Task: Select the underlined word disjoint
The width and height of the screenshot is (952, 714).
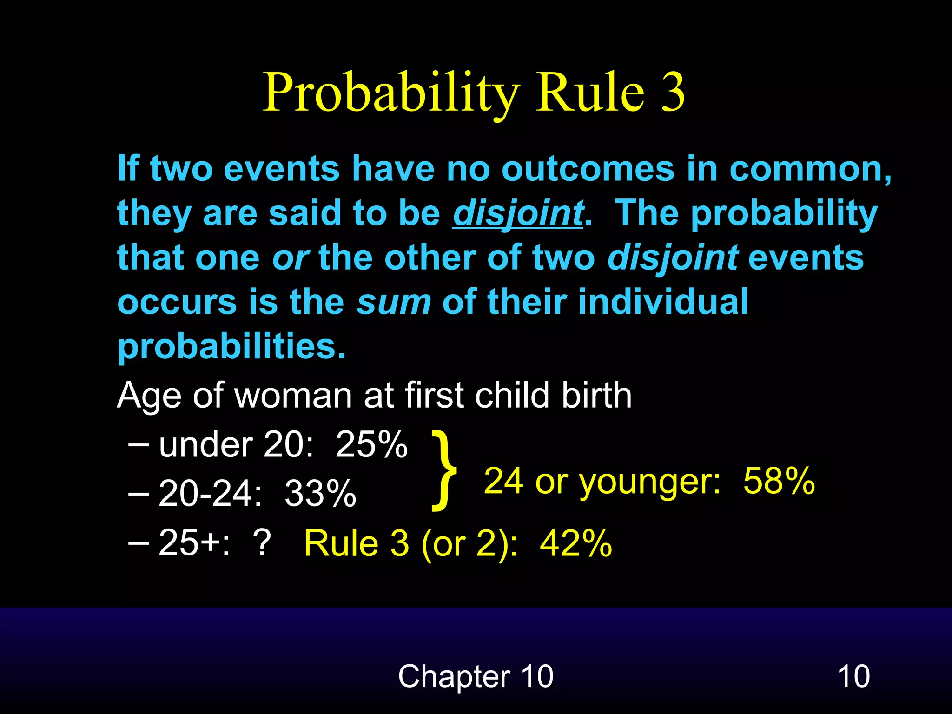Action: click(x=518, y=214)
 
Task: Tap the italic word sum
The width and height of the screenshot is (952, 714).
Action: click(x=394, y=302)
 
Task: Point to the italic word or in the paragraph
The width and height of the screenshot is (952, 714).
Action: click(x=291, y=258)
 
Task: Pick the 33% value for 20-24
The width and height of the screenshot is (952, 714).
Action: click(x=320, y=494)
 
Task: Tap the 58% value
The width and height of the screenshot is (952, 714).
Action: click(x=779, y=481)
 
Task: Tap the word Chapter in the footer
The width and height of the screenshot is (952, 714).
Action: click(x=454, y=676)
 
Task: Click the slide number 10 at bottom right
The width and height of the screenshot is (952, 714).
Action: click(x=853, y=676)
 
